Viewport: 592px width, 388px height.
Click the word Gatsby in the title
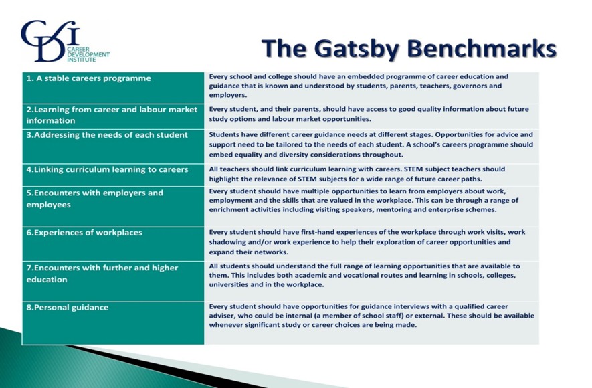tap(354, 49)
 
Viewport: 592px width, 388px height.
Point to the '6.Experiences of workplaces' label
tap(84, 233)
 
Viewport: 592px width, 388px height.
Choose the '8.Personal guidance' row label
tap(67, 308)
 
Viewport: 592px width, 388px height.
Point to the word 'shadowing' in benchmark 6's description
tap(229, 241)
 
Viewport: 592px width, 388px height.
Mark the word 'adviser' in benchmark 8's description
tap(223, 316)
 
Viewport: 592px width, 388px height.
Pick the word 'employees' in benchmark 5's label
tap(48, 205)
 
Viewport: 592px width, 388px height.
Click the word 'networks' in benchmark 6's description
tap(266, 252)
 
